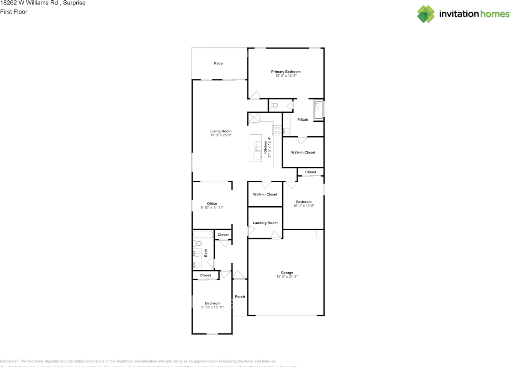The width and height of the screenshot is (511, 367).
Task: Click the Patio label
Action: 218,64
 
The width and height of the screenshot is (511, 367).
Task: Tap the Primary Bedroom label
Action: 286,72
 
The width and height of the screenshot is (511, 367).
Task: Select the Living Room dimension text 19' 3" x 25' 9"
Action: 221,136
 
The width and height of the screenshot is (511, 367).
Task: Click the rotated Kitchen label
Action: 265,147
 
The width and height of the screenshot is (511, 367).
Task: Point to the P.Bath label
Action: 303,120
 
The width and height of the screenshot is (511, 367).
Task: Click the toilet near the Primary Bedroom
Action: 273,105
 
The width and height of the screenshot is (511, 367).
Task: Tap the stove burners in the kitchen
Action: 277,130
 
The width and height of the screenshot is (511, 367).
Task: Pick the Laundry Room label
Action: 265,223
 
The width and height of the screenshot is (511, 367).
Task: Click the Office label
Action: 212,203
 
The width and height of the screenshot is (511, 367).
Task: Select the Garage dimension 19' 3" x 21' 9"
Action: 287,277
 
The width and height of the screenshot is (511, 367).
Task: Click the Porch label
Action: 240,297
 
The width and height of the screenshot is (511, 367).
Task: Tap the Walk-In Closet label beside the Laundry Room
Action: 265,194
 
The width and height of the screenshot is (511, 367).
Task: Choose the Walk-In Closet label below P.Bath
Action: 303,152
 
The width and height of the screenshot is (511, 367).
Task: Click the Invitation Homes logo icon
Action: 426,14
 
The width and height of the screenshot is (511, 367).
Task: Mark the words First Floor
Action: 14,12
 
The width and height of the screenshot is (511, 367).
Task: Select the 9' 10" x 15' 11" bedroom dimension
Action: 212,307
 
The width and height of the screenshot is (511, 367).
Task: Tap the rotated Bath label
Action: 206,253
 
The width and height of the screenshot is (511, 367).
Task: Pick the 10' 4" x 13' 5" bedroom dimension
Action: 304,206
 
